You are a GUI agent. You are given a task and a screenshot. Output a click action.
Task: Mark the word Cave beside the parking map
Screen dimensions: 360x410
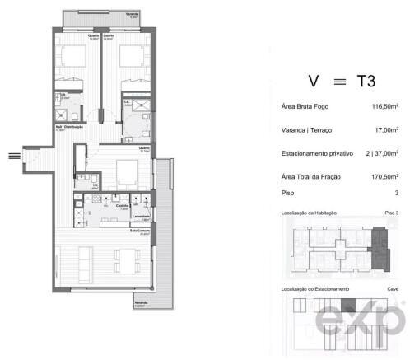[392, 289]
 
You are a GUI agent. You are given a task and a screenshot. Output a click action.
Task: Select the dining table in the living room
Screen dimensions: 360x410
[128, 261]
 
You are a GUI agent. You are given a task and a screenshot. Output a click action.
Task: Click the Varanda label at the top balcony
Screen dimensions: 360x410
[132, 14]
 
